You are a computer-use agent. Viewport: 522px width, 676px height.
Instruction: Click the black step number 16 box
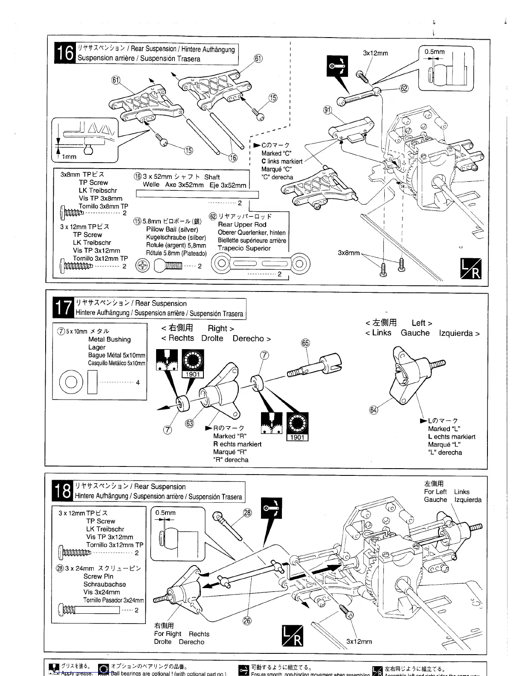[65, 54]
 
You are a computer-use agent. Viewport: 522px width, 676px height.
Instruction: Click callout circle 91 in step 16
[328, 110]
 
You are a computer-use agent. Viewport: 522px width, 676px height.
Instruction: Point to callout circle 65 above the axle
[305, 343]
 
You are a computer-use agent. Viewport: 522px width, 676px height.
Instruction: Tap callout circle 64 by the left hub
[374, 410]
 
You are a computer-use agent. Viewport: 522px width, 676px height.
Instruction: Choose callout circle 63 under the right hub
[190, 423]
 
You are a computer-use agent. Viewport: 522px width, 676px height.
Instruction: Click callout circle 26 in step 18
[247, 620]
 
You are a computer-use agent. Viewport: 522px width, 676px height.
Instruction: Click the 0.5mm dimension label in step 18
[165, 513]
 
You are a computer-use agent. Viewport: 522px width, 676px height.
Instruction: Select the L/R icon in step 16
[471, 268]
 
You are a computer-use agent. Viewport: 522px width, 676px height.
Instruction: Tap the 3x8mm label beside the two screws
[349, 253]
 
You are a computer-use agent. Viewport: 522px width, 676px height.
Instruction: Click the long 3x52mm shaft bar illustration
[197, 195]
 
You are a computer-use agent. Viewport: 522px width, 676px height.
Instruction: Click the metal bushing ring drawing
[71, 382]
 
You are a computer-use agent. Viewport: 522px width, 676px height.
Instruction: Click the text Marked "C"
[276, 153]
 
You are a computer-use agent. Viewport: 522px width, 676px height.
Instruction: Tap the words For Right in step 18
[168, 634]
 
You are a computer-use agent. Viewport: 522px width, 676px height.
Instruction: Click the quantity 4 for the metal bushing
[138, 382]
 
